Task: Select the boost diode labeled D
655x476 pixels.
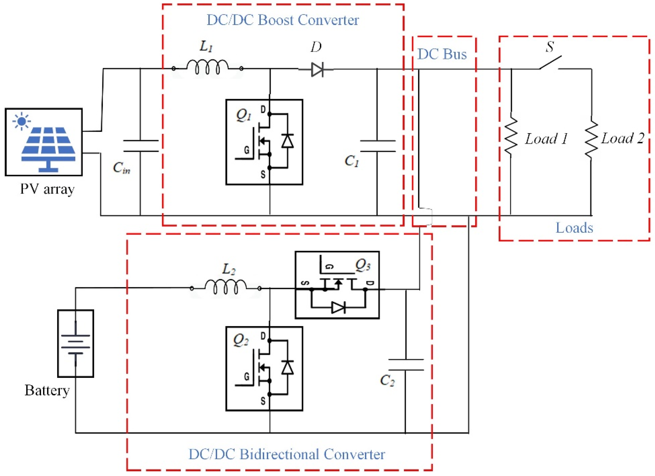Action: click(x=317, y=69)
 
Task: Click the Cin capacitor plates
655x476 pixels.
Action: click(x=141, y=146)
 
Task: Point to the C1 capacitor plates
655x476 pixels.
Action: click(x=377, y=146)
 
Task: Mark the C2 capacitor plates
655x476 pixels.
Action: click(x=406, y=365)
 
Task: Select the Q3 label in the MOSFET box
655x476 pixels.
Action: click(x=363, y=265)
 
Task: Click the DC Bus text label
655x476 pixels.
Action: click(x=442, y=54)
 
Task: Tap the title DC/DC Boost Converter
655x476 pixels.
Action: click(x=283, y=20)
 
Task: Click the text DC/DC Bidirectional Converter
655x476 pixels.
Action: click(x=287, y=454)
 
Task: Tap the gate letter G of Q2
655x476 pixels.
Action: click(x=247, y=376)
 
